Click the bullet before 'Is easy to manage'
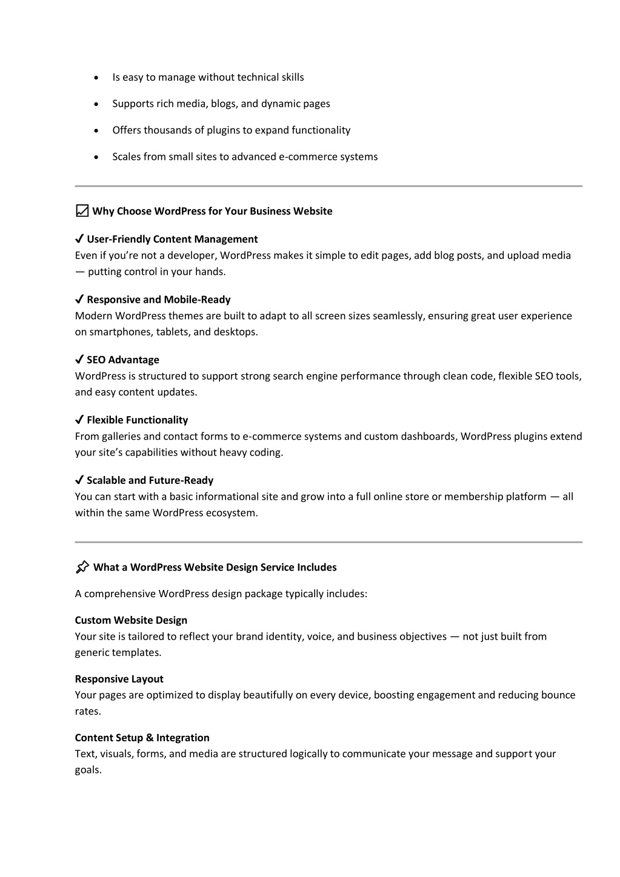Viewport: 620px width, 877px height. click(x=97, y=78)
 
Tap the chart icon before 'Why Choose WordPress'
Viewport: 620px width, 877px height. click(x=82, y=211)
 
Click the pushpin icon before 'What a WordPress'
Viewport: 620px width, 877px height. click(x=82, y=568)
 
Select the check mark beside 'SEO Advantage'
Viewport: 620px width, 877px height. click(x=79, y=360)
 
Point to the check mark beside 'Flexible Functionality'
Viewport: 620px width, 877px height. click(x=79, y=420)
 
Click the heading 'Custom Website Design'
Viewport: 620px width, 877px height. click(x=131, y=620)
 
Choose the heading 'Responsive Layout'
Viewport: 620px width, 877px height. click(x=119, y=679)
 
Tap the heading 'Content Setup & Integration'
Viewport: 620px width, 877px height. click(x=142, y=738)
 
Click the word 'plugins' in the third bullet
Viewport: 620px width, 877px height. click(x=224, y=130)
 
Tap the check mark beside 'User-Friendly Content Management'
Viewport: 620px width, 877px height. click(x=79, y=239)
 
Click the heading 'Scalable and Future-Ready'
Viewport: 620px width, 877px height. click(x=150, y=480)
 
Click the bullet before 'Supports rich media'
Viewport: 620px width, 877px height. click(x=97, y=104)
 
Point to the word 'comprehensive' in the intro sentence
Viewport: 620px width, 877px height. click(x=120, y=594)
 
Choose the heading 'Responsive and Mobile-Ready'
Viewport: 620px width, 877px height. click(x=158, y=299)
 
